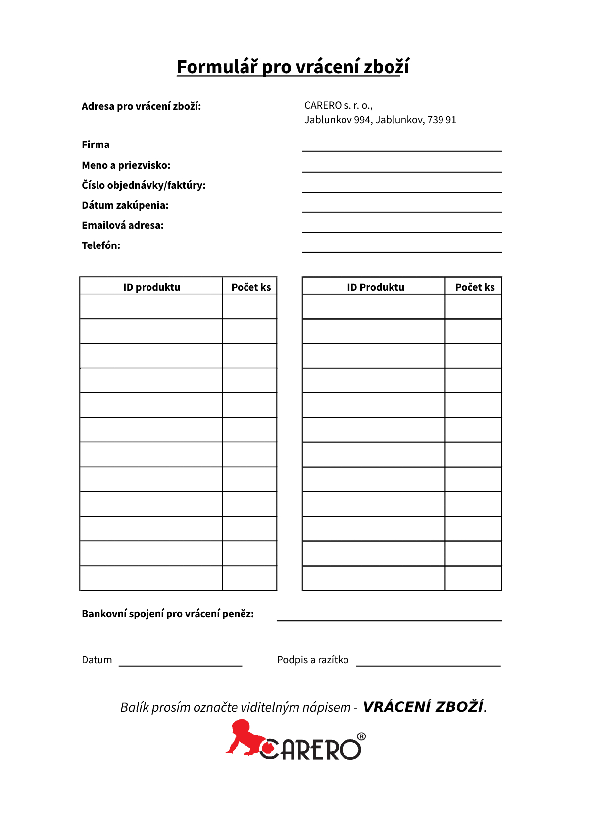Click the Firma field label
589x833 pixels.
(96, 145)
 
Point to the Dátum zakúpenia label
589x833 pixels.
(125, 205)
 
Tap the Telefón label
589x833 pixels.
(101, 245)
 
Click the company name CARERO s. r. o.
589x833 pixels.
(338, 105)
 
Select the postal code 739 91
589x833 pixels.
(442, 120)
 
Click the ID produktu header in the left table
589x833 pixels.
(151, 287)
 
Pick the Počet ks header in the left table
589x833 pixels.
(251, 287)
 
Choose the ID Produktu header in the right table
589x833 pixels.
(375, 287)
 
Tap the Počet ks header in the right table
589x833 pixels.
(475, 287)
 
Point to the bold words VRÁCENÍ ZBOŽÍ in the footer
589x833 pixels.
(423, 707)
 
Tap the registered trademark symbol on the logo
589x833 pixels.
(361, 736)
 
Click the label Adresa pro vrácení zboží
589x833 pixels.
(141, 106)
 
